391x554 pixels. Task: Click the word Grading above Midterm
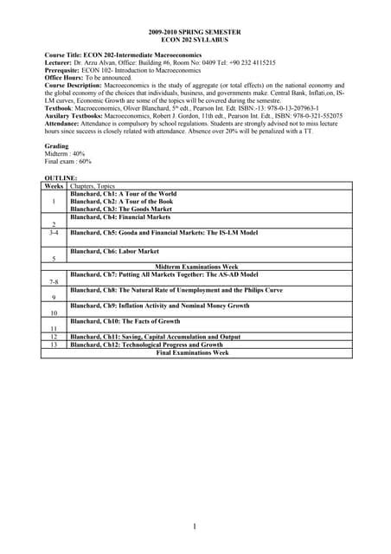pos(56,146)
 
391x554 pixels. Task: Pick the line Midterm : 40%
pos(66,154)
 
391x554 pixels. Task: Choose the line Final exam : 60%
pos(68,162)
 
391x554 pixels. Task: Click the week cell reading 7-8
pos(54,281)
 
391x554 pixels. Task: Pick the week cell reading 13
pos(54,345)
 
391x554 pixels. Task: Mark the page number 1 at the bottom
pos(195,526)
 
